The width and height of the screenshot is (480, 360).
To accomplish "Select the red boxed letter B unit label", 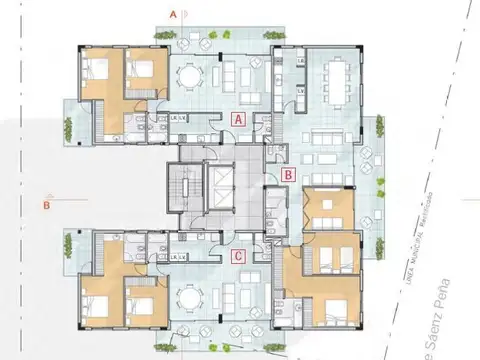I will [288, 174].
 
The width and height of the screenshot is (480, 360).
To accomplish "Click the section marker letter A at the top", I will [173, 16].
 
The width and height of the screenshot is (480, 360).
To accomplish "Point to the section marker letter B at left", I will [46, 207].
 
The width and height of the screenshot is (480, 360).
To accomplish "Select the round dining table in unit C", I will [190, 296].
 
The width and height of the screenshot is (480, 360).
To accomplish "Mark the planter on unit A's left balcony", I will [69, 127].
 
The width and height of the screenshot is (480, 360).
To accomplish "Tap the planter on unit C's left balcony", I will [69, 244].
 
